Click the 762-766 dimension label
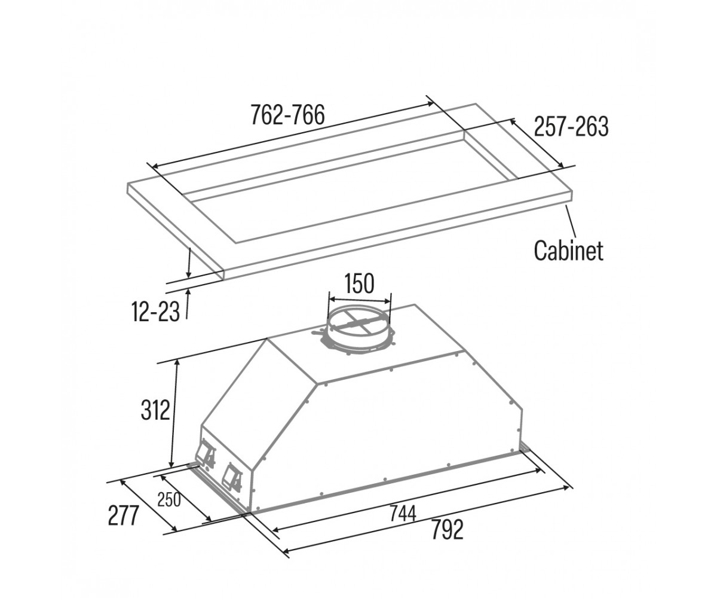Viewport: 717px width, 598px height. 288,115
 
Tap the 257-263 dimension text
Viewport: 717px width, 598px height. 571,127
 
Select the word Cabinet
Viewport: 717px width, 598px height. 569,251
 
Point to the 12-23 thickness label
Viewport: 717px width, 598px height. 155,312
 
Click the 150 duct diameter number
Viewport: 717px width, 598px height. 359,284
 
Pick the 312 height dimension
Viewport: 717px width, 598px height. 155,410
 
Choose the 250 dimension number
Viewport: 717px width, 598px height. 169,499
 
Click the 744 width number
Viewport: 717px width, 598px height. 403,514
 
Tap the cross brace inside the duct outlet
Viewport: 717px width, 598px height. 359,323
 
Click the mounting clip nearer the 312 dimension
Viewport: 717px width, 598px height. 205,454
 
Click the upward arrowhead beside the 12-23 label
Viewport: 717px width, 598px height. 188,293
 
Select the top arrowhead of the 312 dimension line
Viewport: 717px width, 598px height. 177,363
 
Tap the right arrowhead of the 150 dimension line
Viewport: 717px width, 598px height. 387,301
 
